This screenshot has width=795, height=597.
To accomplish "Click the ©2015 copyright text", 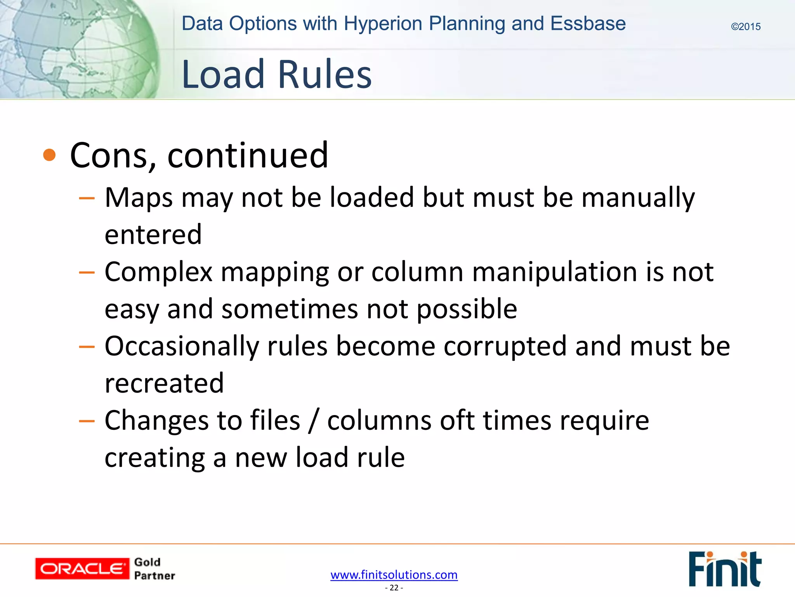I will pyautogui.click(x=745, y=27).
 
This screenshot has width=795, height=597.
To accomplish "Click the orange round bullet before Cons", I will pyautogui.click(x=49, y=155).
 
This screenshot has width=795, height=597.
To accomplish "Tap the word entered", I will pyautogui.click(x=153, y=234).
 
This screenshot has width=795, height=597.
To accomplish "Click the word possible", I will pyautogui.click(x=467, y=309).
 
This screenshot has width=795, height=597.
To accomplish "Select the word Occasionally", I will pyautogui.click(x=182, y=346).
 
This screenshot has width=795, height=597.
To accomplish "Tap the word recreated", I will pyautogui.click(x=164, y=383).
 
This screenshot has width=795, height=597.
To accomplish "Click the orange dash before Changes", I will pyautogui.click(x=87, y=421).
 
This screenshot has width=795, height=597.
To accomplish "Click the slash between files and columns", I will pyautogui.click(x=314, y=421).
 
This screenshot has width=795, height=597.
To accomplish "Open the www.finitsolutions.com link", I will pyautogui.click(x=394, y=574).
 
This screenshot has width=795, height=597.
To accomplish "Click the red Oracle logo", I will pyautogui.click(x=82, y=569).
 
